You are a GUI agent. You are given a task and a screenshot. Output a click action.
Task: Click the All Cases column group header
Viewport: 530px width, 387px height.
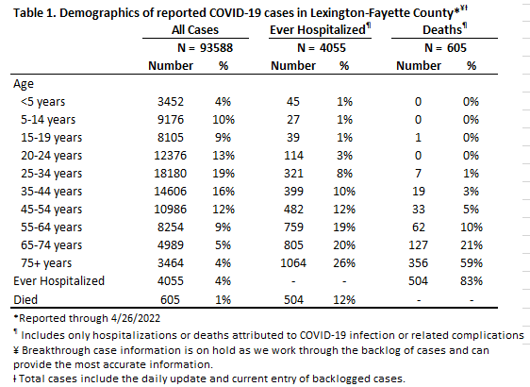(195, 30)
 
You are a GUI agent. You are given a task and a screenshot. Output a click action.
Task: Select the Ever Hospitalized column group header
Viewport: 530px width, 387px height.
(320, 30)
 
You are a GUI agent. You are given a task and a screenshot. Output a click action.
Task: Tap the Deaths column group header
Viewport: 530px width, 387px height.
(444, 30)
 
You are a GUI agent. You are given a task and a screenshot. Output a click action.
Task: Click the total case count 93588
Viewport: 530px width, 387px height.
(216, 48)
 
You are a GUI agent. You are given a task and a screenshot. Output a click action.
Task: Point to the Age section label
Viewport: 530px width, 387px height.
(24, 84)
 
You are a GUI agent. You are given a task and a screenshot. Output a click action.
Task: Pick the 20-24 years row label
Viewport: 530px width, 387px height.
(51, 156)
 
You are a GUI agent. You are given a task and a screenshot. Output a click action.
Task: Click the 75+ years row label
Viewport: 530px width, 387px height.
(46, 263)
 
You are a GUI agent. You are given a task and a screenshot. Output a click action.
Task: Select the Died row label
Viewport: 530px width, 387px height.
(25, 300)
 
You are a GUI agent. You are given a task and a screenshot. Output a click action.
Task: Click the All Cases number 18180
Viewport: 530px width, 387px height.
(171, 173)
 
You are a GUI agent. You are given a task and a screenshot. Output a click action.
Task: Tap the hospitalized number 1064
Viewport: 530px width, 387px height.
(293, 262)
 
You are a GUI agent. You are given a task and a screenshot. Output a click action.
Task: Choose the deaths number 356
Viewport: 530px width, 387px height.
(418, 262)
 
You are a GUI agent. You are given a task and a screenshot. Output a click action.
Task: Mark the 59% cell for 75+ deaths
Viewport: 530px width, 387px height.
(472, 262)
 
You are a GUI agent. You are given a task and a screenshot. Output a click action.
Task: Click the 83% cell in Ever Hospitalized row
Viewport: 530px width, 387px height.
(472, 280)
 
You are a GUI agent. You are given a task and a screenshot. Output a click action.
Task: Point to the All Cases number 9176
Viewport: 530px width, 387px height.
(171, 120)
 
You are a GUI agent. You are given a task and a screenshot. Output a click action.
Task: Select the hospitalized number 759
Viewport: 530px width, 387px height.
(293, 227)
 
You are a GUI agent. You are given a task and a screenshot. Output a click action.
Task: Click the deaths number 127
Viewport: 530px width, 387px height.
(418, 244)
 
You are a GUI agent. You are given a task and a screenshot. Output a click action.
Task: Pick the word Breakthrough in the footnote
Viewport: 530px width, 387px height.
(56, 350)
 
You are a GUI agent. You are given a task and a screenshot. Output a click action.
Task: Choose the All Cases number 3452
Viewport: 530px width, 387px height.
(171, 102)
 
